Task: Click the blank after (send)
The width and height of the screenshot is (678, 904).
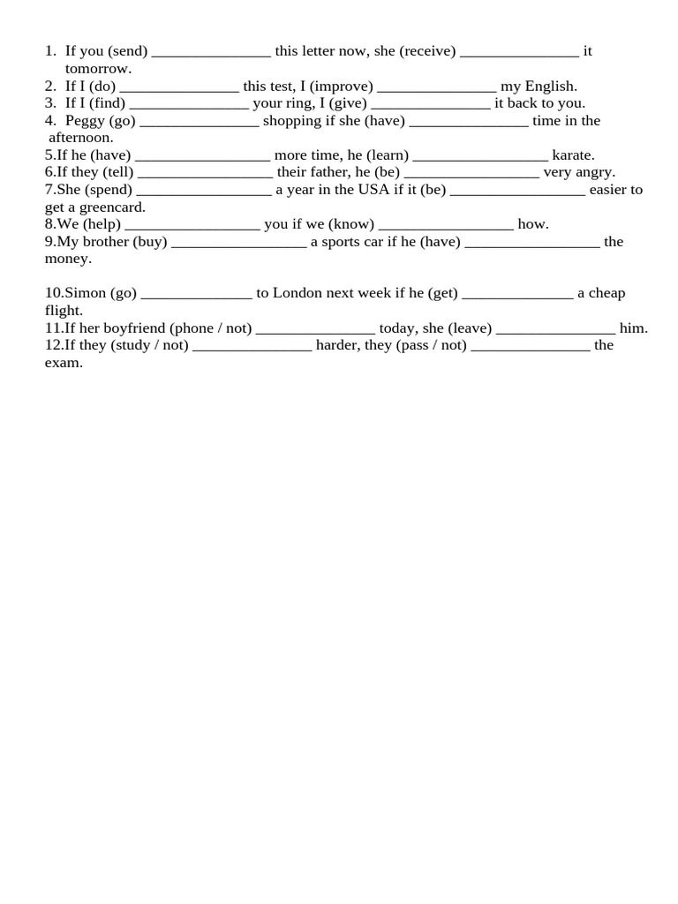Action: [211, 52]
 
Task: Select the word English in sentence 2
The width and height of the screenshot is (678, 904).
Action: [551, 87]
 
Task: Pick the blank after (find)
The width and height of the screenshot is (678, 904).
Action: [189, 104]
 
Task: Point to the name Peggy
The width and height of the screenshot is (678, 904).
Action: [85, 121]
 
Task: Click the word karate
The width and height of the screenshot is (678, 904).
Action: [573, 155]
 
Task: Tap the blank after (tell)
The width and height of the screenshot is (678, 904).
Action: [205, 173]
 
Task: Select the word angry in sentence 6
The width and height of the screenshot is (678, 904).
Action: [595, 173]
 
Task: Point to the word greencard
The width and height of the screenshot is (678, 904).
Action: [109, 207]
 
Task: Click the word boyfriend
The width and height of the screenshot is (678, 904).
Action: [129, 328]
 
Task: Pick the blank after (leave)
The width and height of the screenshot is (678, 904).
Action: [555, 329]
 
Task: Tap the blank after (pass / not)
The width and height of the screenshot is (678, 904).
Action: [530, 346]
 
